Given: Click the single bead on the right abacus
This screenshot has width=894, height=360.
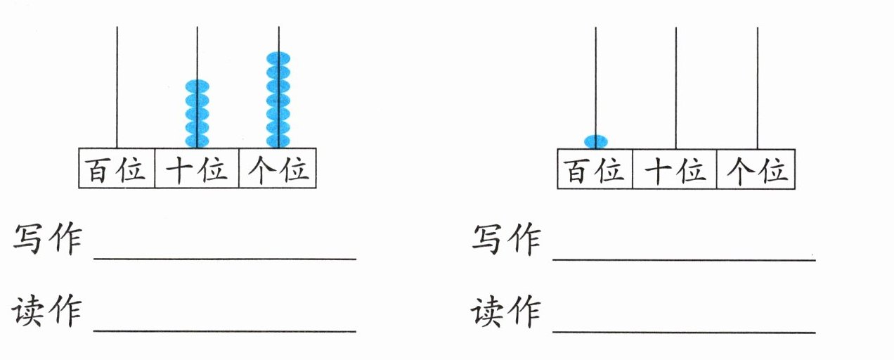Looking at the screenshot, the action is pyautogui.click(x=596, y=142).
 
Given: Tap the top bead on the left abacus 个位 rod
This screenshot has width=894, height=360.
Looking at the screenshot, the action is pyautogui.click(x=278, y=58).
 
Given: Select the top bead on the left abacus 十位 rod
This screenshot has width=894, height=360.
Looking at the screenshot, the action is pyautogui.click(x=197, y=86).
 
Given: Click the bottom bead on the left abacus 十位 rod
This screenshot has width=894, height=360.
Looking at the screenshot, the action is pyautogui.click(x=197, y=141).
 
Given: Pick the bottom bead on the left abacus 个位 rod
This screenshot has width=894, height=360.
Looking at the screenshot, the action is pyautogui.click(x=278, y=141).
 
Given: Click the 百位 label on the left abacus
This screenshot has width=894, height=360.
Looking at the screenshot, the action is pyautogui.click(x=115, y=169).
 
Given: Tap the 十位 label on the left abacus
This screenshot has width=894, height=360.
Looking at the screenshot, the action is pyautogui.click(x=196, y=169).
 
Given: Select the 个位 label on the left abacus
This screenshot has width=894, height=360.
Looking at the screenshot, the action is pyautogui.click(x=278, y=169).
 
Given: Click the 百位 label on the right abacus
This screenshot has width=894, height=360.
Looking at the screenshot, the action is pyautogui.click(x=594, y=170).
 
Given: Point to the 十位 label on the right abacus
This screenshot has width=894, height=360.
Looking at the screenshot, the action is pyautogui.click(x=675, y=170).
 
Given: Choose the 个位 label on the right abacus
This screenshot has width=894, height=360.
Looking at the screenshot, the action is pyautogui.click(x=757, y=170).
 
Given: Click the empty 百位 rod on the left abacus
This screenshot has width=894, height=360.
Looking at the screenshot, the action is pyautogui.click(x=117, y=87).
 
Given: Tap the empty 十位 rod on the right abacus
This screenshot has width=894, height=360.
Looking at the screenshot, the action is pyautogui.click(x=676, y=88).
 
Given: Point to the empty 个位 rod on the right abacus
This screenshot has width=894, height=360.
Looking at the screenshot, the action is pyautogui.click(x=758, y=88).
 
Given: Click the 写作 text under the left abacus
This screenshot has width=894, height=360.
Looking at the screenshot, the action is pyautogui.click(x=48, y=239).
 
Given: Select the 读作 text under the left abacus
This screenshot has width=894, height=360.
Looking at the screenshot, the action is pyautogui.click(x=47, y=311).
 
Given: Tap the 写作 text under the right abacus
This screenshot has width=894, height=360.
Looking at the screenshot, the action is pyautogui.click(x=507, y=240).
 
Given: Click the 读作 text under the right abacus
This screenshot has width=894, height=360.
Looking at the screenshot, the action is pyautogui.click(x=506, y=311).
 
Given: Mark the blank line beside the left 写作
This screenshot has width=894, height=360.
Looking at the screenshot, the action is pyautogui.click(x=225, y=259).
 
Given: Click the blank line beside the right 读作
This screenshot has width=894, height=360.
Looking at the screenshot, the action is pyautogui.click(x=684, y=332).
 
